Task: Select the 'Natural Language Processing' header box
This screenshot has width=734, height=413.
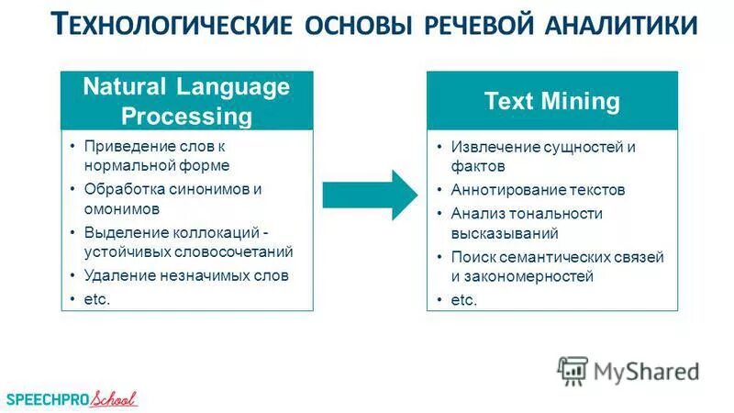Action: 186,102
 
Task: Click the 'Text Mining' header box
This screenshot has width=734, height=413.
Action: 551,101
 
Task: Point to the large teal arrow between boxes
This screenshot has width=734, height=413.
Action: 370,195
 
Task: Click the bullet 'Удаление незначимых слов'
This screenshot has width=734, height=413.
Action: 186,274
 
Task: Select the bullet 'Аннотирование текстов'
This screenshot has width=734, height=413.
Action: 538,190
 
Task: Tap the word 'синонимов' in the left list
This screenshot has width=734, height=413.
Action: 212,188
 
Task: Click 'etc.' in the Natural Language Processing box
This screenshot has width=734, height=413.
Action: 96,298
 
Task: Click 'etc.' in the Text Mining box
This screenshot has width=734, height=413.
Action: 464,300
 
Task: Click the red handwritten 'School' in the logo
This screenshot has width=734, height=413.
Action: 110,398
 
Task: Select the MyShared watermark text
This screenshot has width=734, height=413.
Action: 646,371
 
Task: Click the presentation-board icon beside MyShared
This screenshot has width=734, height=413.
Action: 572,370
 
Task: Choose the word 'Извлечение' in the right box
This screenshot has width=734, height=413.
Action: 488,147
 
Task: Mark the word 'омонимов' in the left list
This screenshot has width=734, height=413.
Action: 117,209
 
